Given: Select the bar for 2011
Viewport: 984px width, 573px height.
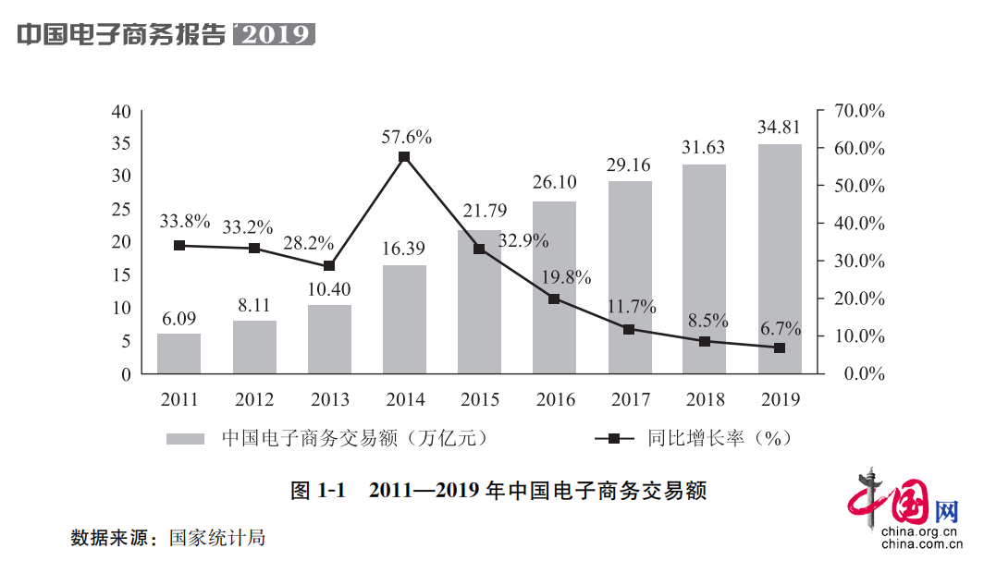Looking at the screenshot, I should click(x=178, y=354).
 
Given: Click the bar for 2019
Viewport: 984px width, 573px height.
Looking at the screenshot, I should click(x=780, y=259).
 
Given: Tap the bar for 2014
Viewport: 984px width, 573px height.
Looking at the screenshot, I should click(x=404, y=320).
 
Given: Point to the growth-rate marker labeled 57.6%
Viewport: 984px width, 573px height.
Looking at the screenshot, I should click(x=404, y=157).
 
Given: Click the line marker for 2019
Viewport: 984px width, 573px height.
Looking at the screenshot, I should click(x=780, y=348).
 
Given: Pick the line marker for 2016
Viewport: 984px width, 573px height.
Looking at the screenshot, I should click(x=554, y=299).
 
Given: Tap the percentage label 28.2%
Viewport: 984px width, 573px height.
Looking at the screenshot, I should click(x=310, y=242).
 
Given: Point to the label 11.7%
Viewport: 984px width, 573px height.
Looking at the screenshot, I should click(x=631, y=307).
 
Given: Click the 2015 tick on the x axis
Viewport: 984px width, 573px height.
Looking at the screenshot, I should click(x=479, y=400).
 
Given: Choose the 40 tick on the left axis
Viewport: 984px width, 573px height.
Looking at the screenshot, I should click(x=120, y=111).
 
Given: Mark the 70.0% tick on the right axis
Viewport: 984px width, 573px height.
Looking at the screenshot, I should click(x=859, y=111).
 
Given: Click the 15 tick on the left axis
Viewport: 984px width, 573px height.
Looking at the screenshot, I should click(x=121, y=275).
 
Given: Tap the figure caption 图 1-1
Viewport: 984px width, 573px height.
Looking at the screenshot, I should click(x=317, y=491).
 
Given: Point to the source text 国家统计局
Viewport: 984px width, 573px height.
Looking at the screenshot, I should click(x=216, y=537).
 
